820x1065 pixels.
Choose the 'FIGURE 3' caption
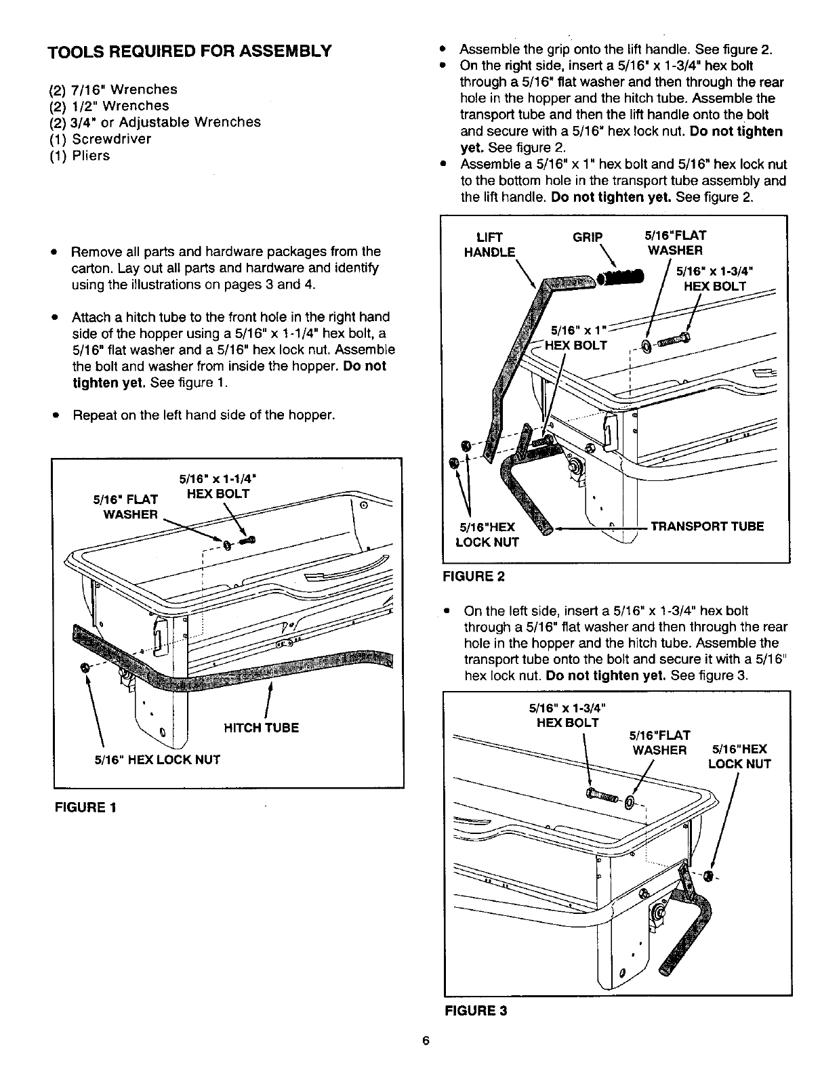[475, 1010]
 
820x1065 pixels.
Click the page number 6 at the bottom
[426, 1041]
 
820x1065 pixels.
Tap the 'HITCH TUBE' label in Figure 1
[261, 728]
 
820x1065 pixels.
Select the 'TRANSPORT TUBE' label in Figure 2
[707, 526]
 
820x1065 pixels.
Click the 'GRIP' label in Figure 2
[588, 236]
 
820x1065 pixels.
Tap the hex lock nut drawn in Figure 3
[709, 875]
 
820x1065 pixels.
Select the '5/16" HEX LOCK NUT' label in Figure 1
[157, 759]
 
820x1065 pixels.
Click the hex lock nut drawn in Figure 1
[84, 667]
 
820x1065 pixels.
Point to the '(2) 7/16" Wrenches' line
[112, 89]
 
